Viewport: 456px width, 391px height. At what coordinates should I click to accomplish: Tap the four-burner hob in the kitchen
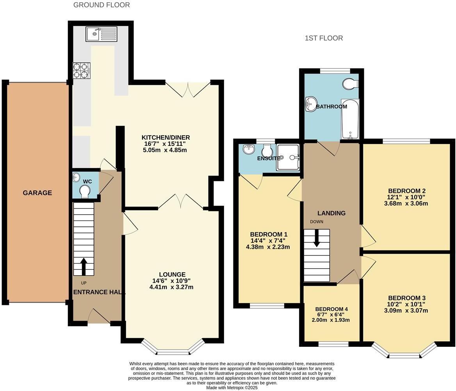pyautogui.click(x=81, y=71)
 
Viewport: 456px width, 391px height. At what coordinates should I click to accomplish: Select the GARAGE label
pyautogui.click(x=37, y=193)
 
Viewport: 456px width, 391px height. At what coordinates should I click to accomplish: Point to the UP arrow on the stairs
pyautogui.click(x=83, y=266)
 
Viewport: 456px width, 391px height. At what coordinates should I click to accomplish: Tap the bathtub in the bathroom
pyautogui.click(x=349, y=119)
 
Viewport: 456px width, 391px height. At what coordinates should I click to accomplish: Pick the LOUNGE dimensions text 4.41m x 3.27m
pyautogui.click(x=171, y=287)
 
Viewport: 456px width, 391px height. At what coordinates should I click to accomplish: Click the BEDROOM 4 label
pyautogui.click(x=331, y=309)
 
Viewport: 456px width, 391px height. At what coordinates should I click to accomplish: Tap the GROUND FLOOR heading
pyautogui.click(x=102, y=5)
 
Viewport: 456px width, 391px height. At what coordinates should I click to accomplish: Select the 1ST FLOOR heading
pyautogui.click(x=324, y=38)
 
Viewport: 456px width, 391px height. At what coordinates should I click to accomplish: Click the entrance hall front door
pyautogui.click(x=98, y=316)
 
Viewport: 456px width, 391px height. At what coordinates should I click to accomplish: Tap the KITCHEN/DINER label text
pyautogui.click(x=166, y=137)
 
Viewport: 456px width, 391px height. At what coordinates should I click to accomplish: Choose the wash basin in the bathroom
pyautogui.click(x=311, y=104)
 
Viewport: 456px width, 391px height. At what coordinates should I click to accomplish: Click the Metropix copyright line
pyautogui.click(x=232, y=387)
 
